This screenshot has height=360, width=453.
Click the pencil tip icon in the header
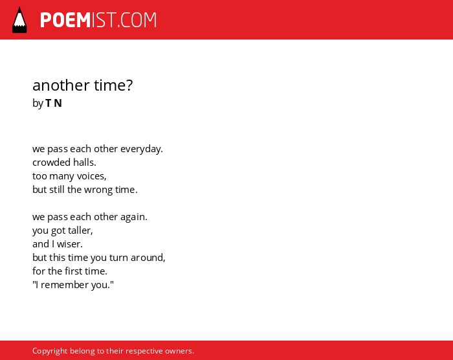pos(19,20)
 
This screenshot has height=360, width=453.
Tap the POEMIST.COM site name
pos(98,20)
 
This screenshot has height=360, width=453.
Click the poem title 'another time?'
pos(83,85)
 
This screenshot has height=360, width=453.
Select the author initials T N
pos(54,103)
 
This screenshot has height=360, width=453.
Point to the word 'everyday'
pos(141,149)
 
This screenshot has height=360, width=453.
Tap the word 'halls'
pos(84,163)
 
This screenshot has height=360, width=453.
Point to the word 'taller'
pos(80,231)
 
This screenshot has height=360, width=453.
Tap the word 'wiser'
pos(70,244)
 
